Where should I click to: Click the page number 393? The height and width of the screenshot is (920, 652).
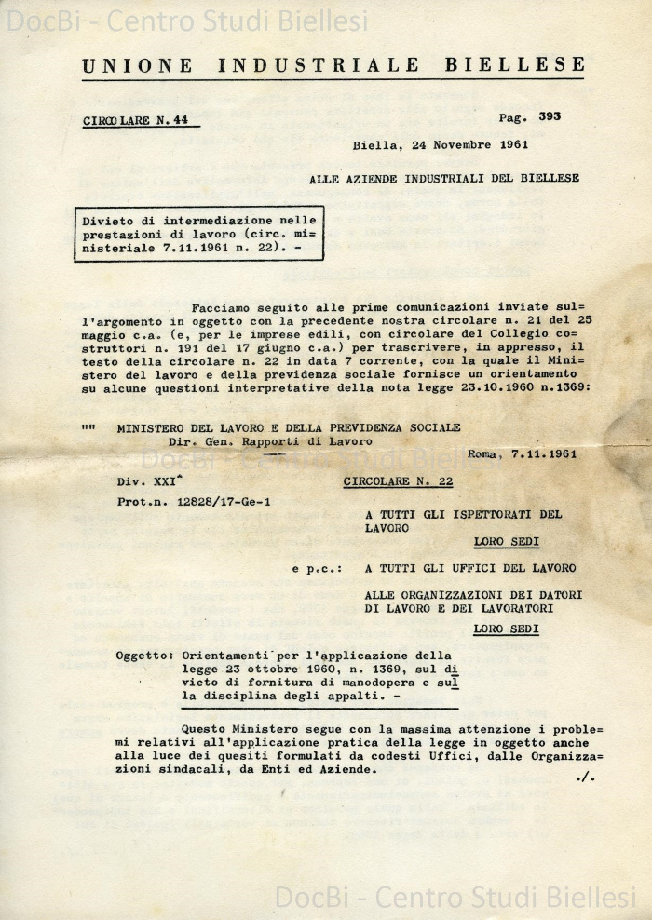[x=549, y=116]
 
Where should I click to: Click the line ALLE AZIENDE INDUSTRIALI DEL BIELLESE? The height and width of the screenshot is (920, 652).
[x=443, y=178]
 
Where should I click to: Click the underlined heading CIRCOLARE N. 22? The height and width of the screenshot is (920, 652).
[x=398, y=481]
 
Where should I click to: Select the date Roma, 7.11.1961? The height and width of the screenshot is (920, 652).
[x=522, y=454]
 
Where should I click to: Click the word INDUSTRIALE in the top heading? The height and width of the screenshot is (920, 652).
[x=319, y=65]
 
